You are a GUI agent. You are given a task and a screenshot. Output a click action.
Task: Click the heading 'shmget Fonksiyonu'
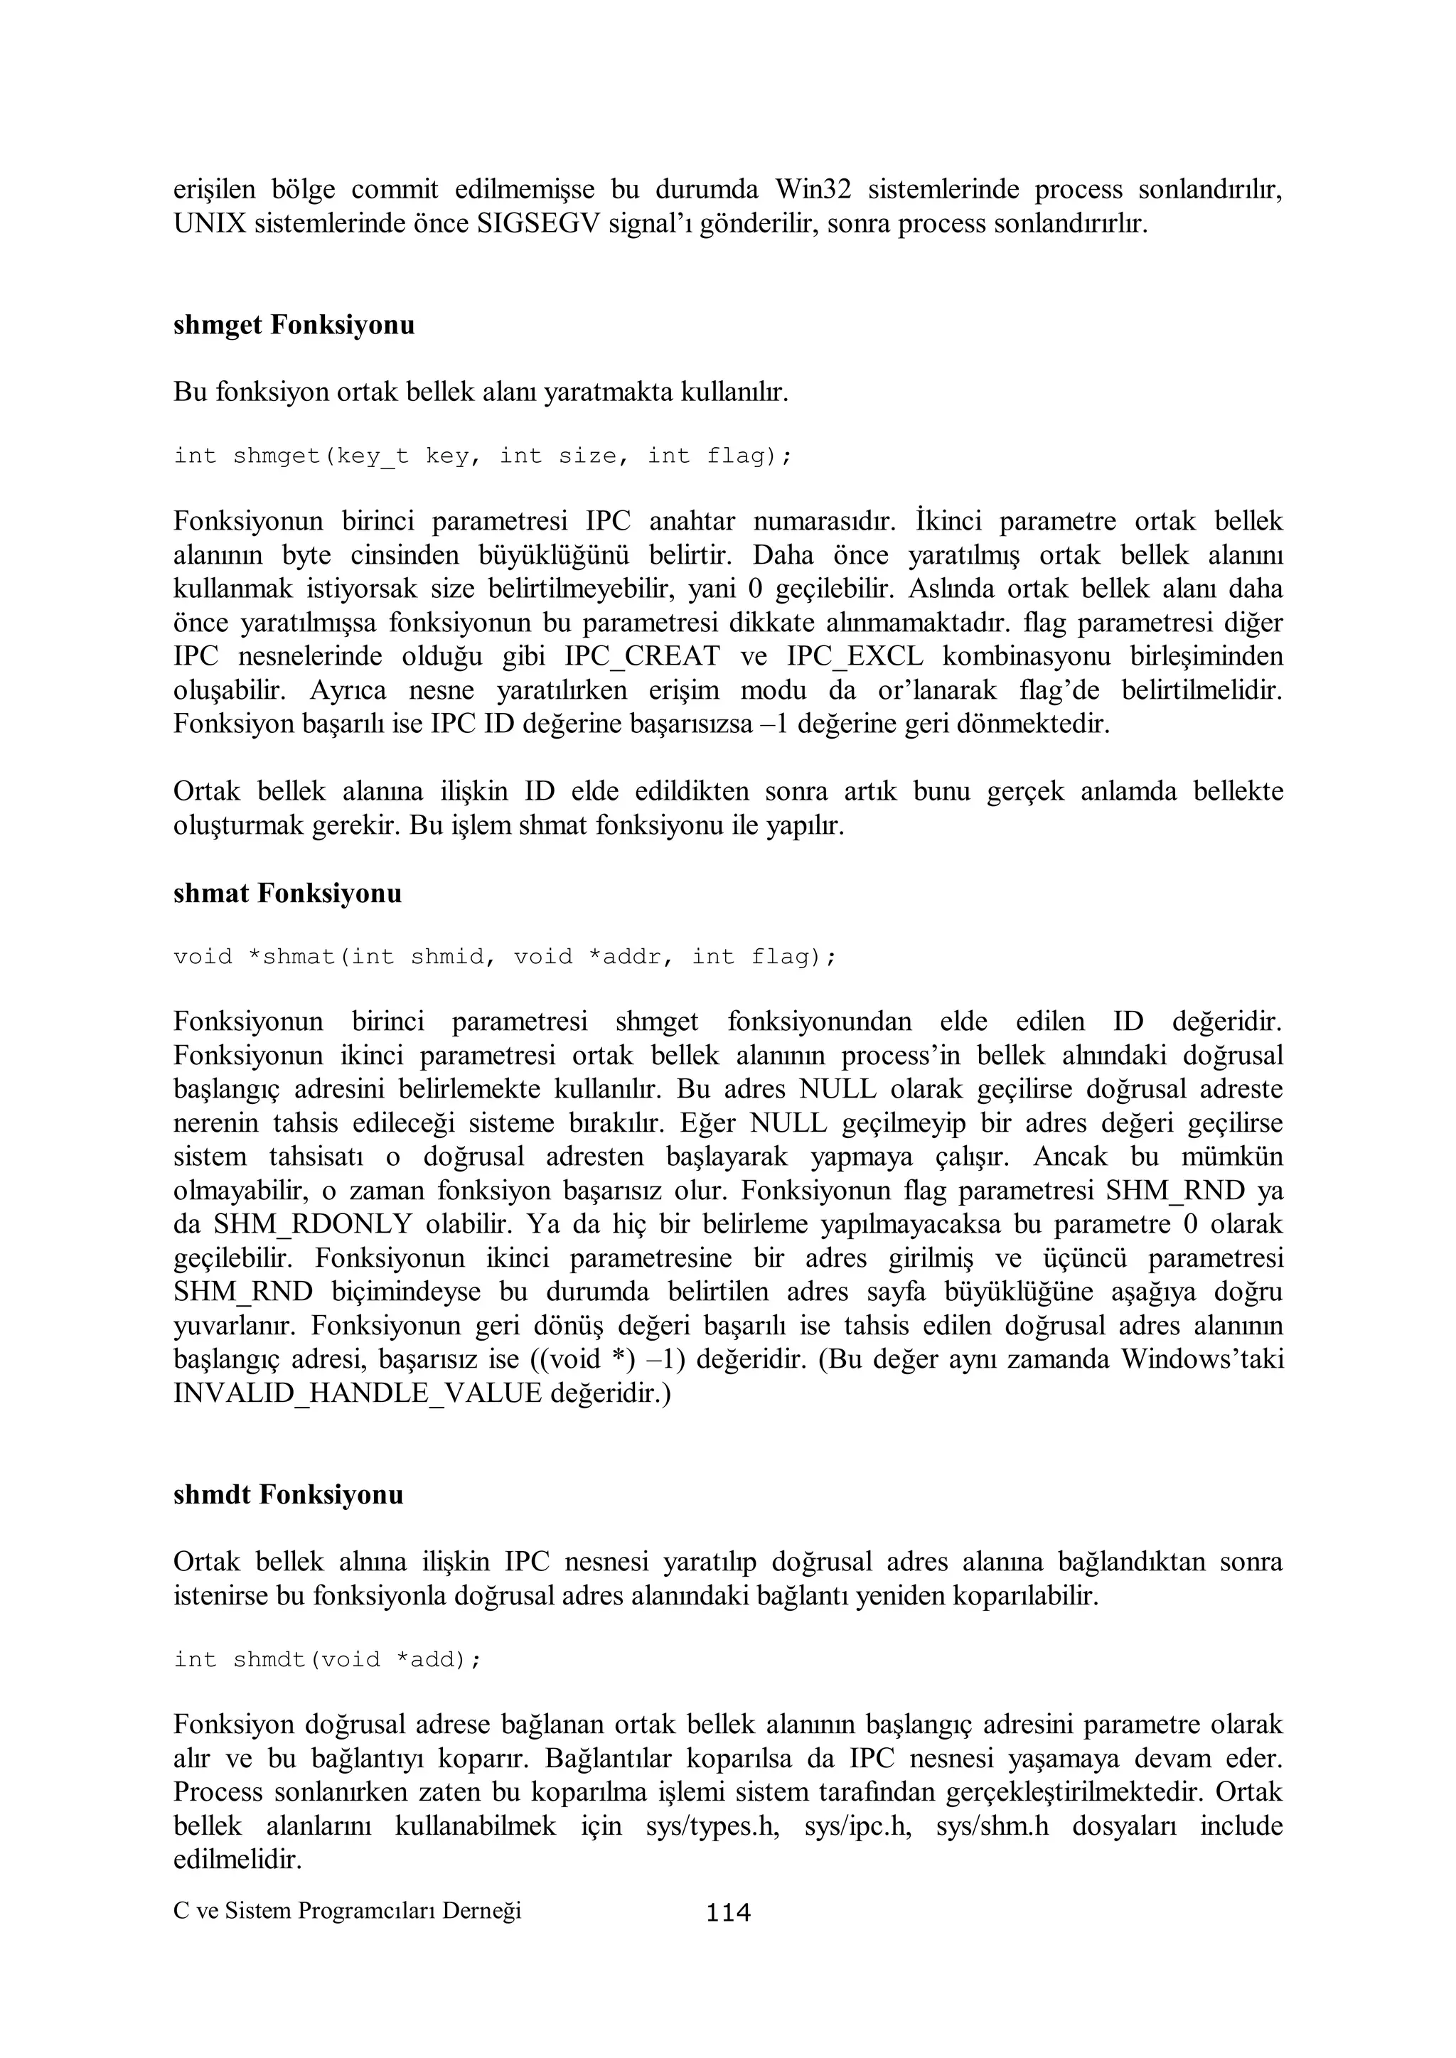tap(294, 326)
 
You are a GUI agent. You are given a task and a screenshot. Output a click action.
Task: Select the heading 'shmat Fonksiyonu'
tap(287, 894)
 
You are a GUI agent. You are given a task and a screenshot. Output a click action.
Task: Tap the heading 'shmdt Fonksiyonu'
tap(288, 1495)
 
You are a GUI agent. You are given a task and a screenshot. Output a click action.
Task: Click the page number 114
tap(728, 1913)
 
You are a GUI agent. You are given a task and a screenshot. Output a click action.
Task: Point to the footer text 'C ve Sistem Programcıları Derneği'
tap(347, 1911)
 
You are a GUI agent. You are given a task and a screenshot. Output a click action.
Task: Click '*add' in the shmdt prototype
tap(428, 1659)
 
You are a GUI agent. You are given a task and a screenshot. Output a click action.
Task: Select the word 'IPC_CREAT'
tap(642, 657)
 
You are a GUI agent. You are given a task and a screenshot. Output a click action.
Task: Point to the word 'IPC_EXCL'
tap(855, 657)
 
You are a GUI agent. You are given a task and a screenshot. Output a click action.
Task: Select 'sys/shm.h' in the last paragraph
tap(992, 1827)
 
